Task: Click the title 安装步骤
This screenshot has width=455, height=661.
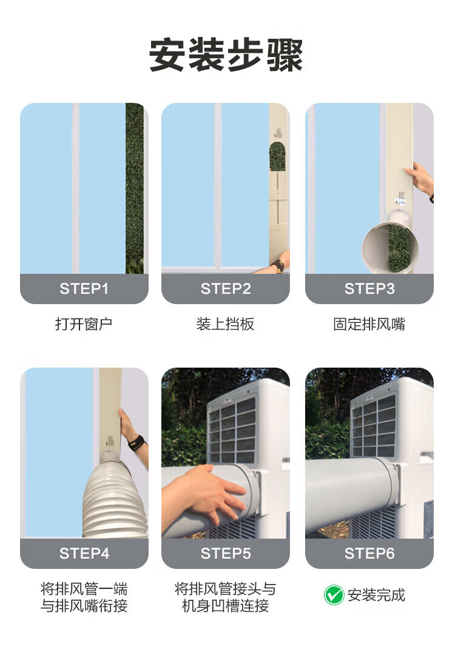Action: tap(226, 55)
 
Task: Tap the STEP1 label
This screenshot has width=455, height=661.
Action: tap(84, 289)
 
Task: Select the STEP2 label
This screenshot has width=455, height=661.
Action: tap(226, 289)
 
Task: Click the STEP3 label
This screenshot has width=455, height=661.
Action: tap(369, 289)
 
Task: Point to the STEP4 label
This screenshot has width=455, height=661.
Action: tap(84, 554)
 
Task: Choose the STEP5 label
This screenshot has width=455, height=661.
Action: tap(226, 554)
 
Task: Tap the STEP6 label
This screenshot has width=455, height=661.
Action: tap(369, 554)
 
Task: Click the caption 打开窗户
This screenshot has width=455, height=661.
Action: tap(84, 324)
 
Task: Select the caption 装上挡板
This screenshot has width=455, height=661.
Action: tap(226, 324)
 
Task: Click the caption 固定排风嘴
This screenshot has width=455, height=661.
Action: tap(369, 324)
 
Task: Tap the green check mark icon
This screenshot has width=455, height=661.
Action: tap(334, 595)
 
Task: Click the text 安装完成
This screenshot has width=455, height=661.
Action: tap(376, 595)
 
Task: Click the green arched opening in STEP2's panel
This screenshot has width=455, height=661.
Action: tap(277, 156)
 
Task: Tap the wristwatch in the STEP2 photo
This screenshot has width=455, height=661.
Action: tap(278, 267)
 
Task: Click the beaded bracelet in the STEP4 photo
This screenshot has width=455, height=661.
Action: tap(136, 443)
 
